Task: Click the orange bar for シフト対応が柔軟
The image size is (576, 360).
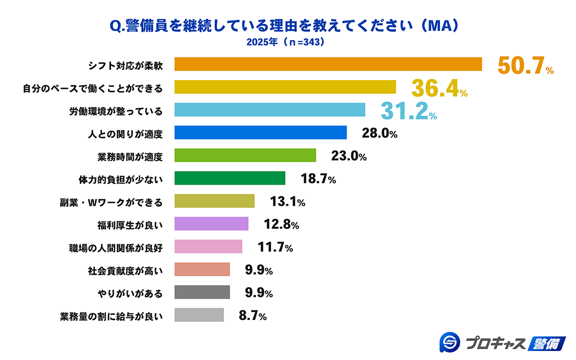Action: [328, 64]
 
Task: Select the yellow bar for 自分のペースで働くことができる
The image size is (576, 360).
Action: [285, 87]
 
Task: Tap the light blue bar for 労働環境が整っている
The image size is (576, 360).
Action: [270, 110]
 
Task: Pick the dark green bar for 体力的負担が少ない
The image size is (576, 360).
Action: [230, 178]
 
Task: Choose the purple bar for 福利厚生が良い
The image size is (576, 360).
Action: [211, 224]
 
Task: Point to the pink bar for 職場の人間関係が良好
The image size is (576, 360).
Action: [209, 247]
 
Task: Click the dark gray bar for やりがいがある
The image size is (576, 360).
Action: [202, 292]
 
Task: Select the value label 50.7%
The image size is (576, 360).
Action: [525, 65]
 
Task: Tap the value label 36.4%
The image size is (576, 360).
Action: [439, 88]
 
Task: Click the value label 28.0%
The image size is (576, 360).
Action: [379, 133]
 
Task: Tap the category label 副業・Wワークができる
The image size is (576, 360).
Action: [110, 202]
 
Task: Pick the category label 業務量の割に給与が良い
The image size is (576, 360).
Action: [110, 316]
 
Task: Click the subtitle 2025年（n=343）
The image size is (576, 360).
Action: [285, 42]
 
